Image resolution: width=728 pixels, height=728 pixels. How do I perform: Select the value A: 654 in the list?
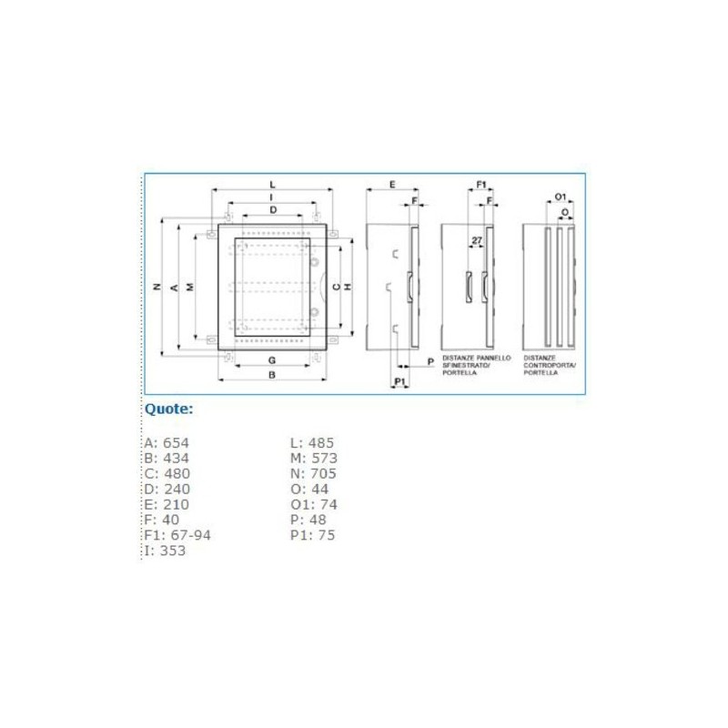[x=167, y=443]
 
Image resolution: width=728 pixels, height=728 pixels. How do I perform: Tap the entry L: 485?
[x=312, y=443]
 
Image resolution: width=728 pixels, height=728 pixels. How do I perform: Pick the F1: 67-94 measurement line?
[x=177, y=535]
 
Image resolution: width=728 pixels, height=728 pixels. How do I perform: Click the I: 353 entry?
[x=165, y=551]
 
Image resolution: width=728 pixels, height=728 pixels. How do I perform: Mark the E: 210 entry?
[x=167, y=504]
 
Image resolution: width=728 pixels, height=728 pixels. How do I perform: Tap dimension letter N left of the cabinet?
[x=157, y=287]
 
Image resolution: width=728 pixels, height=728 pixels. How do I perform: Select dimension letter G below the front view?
[x=272, y=361]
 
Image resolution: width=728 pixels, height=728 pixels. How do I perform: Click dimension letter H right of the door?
[x=349, y=287]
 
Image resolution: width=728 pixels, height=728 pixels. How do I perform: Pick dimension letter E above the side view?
[x=391, y=185]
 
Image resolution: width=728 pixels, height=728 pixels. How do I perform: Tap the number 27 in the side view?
[x=476, y=240]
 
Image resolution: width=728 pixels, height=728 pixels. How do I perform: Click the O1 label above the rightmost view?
[x=561, y=197]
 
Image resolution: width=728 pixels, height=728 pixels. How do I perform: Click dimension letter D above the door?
[x=272, y=210]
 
